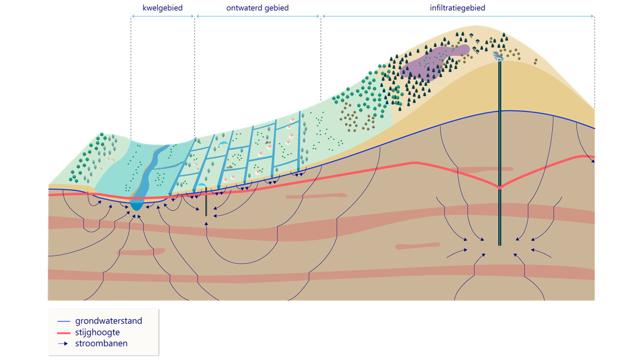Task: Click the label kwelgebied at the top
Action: (x=162, y=8)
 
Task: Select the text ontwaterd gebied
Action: (x=257, y=8)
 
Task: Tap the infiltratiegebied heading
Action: (x=457, y=8)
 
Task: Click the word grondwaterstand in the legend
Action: (x=108, y=321)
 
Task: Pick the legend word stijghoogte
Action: (x=97, y=332)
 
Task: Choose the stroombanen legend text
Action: (x=101, y=343)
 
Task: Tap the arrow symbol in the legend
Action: (x=63, y=344)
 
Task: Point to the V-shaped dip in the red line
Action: (x=499, y=188)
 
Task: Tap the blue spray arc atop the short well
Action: (x=201, y=185)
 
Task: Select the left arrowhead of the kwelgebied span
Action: (x=132, y=16)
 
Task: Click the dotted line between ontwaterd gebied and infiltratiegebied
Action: (x=321, y=60)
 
